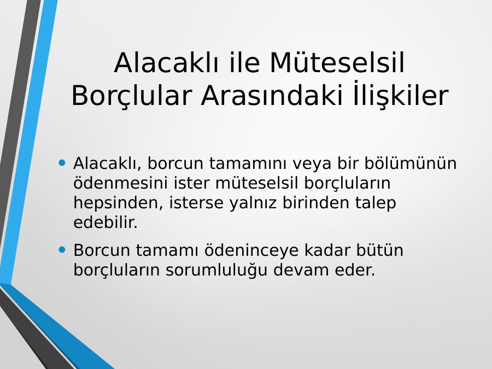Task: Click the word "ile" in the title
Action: click(245, 62)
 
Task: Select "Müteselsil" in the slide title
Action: click(337, 62)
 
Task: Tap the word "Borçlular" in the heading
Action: click(132, 96)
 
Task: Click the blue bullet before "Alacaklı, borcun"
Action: click(62, 162)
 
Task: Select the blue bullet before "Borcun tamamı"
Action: click(62, 250)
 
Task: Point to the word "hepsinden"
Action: click(118, 203)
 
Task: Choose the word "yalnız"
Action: click(253, 203)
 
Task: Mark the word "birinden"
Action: click(315, 203)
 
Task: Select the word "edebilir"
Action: click(106, 222)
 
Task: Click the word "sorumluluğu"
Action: click(216, 270)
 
